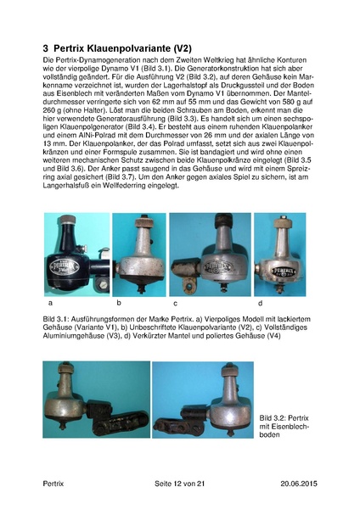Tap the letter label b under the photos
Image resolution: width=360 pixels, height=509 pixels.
(x=119, y=301)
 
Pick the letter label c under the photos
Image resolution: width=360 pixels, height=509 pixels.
(x=174, y=302)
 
